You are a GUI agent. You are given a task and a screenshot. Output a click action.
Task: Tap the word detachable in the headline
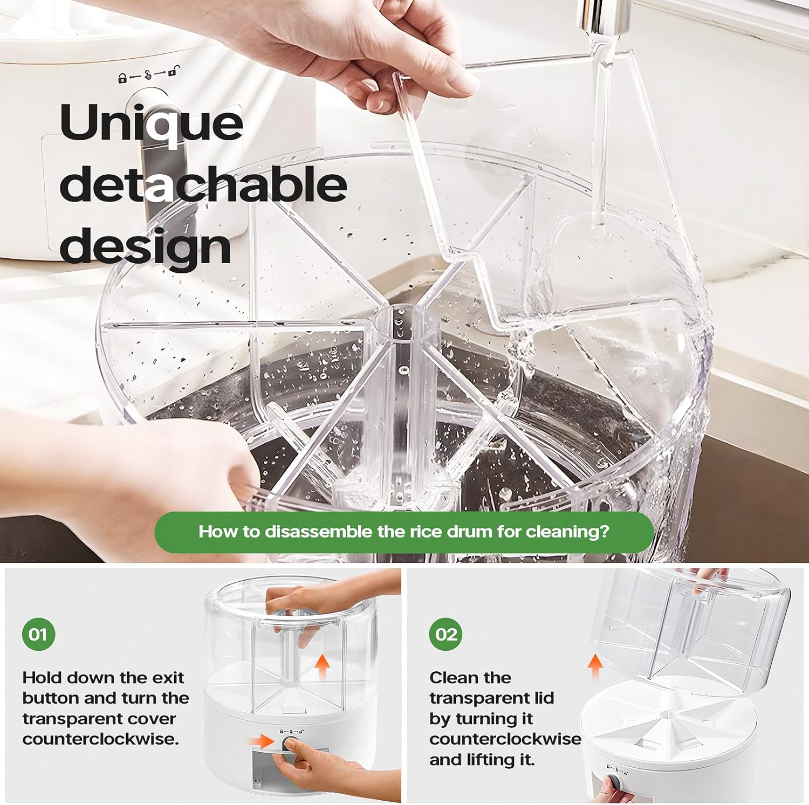[x=203, y=184]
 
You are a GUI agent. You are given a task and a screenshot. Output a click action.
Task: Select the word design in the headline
[x=145, y=246]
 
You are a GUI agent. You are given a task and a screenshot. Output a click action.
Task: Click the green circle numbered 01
[x=38, y=634]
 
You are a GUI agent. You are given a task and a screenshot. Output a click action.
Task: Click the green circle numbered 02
[x=446, y=634]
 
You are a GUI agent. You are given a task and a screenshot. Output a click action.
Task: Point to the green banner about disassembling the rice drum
[x=403, y=532]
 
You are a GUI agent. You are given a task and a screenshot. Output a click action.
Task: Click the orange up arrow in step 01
[x=322, y=668]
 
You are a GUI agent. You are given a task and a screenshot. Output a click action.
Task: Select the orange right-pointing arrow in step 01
[x=263, y=741]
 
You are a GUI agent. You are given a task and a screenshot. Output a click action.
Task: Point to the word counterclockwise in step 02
[x=505, y=739]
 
